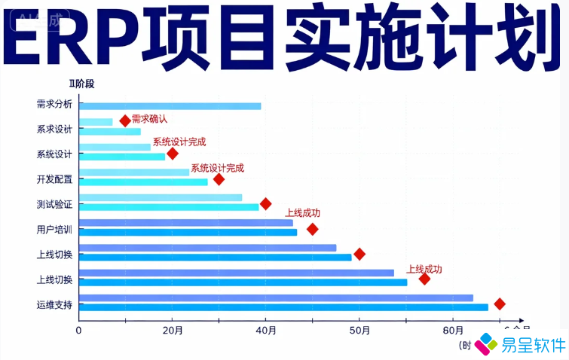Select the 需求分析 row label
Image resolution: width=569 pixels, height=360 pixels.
tap(54, 105)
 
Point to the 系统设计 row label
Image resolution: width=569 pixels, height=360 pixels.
tap(54, 154)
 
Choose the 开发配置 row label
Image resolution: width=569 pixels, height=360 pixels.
tap(54, 179)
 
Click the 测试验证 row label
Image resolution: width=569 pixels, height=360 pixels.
tap(54, 204)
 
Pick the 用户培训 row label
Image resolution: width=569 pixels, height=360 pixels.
tap(54, 229)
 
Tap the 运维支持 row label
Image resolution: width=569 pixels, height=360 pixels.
tap(54, 305)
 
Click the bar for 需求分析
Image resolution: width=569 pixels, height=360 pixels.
tap(170, 106)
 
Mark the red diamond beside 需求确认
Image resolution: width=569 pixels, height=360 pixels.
tap(125, 121)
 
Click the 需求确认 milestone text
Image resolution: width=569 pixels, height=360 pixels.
tap(149, 118)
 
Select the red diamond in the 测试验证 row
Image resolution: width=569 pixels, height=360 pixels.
tap(265, 204)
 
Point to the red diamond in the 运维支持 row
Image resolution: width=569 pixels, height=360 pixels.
tap(499, 304)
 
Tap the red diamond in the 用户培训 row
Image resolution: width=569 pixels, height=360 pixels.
tap(312, 229)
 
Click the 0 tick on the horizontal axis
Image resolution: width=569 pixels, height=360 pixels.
tap(79, 329)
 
